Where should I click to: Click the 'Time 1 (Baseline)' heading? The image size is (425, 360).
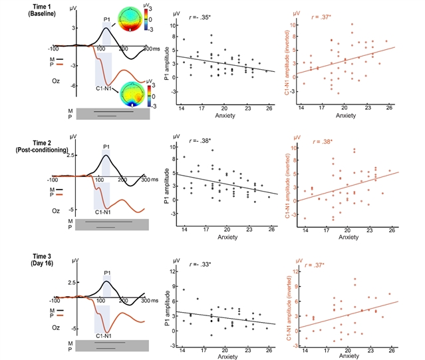[26, 9]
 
